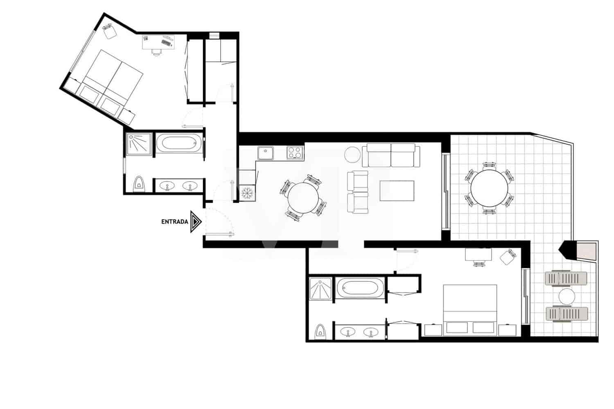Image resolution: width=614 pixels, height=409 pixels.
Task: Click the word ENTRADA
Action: click(175, 222)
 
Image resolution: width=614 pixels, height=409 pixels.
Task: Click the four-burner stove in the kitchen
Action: click(295, 153)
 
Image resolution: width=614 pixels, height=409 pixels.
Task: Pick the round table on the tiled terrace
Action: click(489, 189)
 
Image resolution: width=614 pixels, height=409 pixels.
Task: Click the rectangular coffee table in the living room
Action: click(397, 191)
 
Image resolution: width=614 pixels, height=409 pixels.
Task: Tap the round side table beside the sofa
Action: click(352, 155)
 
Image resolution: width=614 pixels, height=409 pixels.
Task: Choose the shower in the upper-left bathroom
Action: click(139, 143)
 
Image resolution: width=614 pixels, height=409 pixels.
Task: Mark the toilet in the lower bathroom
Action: click(320, 332)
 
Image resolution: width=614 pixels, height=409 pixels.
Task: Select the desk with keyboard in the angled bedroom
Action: click(158, 42)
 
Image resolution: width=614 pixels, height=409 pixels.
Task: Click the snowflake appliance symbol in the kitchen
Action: click(247, 192)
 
